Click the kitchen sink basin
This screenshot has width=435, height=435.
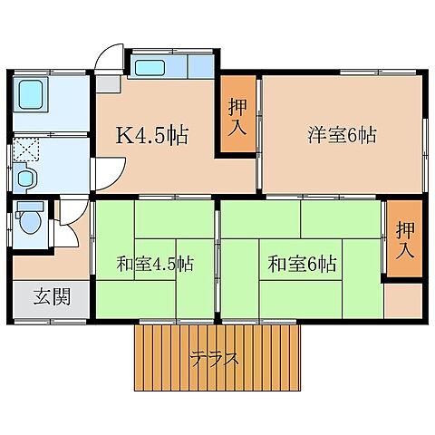click(147, 67)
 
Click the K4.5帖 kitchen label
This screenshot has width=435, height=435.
click(151, 137)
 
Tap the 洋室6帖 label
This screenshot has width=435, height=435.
click(341, 137)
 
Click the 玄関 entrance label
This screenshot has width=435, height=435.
click(50, 296)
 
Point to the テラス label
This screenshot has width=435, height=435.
click(216, 358)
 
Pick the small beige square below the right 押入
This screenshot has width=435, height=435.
click(402, 300)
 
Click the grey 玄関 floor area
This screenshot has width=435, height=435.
click(51, 299)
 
